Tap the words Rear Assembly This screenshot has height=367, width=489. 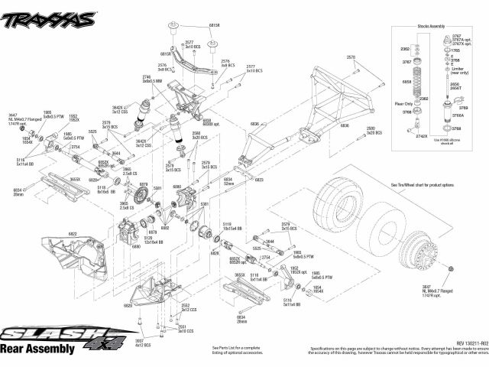[x=38, y=349]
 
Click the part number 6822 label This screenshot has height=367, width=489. [x=73, y=232]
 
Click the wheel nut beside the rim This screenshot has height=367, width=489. [x=451, y=268]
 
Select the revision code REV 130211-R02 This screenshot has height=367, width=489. [x=459, y=343]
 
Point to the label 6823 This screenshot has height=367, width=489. [x=259, y=180]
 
